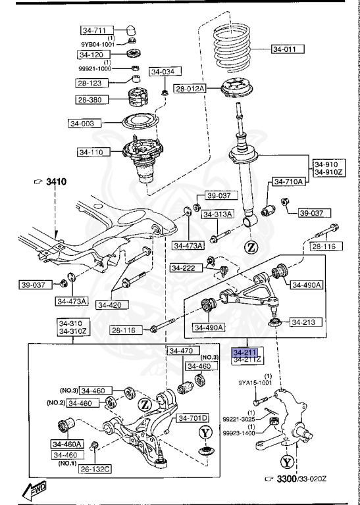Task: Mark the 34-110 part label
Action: click(x=93, y=152)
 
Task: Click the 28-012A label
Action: click(x=190, y=88)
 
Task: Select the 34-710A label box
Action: click(x=288, y=181)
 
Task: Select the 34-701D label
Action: click(x=192, y=418)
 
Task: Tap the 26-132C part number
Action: click(x=95, y=469)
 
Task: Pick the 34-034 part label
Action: click(x=165, y=72)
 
